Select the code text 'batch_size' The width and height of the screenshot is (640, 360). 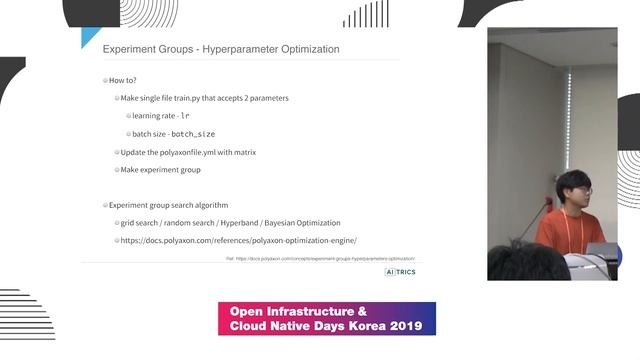193,134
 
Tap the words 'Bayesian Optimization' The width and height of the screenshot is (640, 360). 304,223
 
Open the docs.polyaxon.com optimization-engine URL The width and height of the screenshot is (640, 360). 238,241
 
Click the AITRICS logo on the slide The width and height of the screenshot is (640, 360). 400,271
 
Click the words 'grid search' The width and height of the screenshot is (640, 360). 141,223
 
